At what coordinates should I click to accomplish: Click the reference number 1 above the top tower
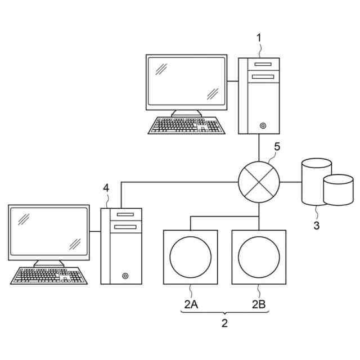(x=259, y=38)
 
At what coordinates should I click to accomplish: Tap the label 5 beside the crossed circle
(x=276, y=147)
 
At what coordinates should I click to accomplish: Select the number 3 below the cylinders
(x=317, y=226)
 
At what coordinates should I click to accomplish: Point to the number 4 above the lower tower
(x=106, y=187)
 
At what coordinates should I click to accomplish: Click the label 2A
(x=191, y=304)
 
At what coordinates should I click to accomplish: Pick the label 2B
(x=259, y=304)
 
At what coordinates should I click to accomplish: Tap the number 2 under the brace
(x=224, y=323)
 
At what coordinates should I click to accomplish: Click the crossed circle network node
(x=259, y=182)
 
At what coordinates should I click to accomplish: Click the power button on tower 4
(x=125, y=276)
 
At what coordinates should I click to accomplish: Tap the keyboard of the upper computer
(x=187, y=125)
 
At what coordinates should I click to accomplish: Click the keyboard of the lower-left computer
(x=49, y=276)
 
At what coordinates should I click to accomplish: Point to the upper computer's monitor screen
(x=187, y=82)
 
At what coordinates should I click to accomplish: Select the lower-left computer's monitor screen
(x=49, y=232)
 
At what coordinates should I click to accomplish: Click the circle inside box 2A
(x=191, y=257)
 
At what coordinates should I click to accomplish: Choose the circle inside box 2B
(x=259, y=257)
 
